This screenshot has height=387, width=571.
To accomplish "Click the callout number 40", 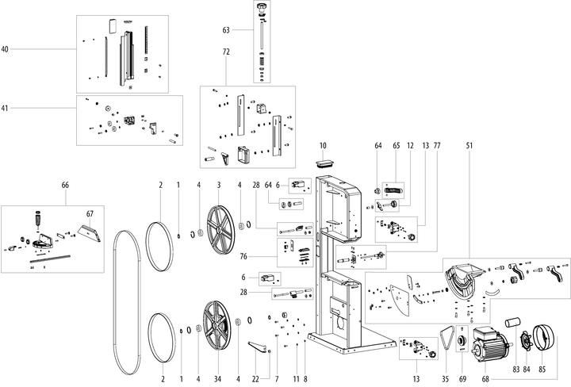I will click(x=5, y=50).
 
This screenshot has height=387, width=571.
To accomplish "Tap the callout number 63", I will click(x=226, y=31).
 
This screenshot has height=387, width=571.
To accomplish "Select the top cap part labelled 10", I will click(x=324, y=163).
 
